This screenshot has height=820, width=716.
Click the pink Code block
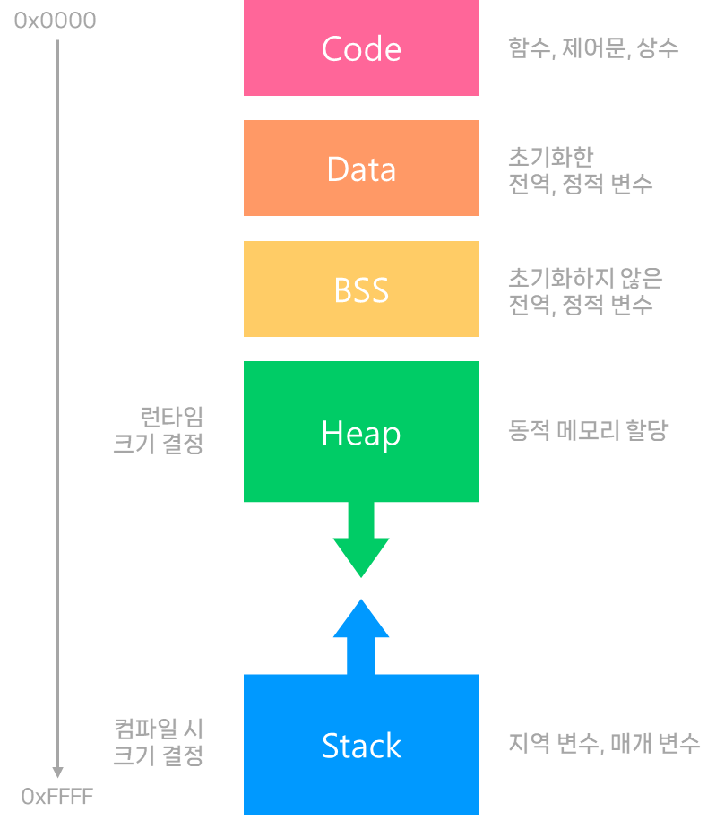(360, 47)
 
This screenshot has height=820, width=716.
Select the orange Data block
(360, 168)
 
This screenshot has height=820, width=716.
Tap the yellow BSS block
(360, 289)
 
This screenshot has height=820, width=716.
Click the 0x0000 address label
(55, 21)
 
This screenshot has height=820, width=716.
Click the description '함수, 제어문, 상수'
(592, 48)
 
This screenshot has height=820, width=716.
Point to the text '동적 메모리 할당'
(587, 431)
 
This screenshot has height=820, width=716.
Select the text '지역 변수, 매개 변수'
(603, 743)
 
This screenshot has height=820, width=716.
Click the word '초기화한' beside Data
(550, 157)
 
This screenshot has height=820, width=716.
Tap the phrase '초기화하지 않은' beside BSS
(585, 278)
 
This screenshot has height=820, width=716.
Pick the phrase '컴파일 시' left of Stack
(159, 728)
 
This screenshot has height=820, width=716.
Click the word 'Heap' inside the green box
(360, 434)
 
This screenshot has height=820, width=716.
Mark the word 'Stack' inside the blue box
(360, 746)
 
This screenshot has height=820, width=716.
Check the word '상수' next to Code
(659, 48)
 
